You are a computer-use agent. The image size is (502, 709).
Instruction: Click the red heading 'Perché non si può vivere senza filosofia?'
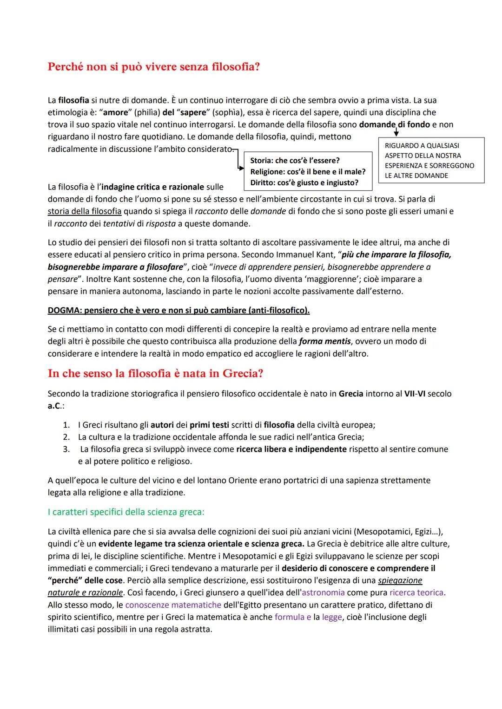[153, 67]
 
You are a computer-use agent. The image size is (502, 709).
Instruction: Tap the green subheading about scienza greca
[126, 512]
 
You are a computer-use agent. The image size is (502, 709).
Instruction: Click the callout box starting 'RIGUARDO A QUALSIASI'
[431, 161]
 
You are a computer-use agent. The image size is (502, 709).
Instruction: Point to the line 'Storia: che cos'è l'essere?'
[295, 161]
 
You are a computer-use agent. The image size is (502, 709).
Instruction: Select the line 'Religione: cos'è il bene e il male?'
[308, 172]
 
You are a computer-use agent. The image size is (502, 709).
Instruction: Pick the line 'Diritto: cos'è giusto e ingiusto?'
[304, 182]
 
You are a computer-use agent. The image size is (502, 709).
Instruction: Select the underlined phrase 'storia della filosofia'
[85, 211]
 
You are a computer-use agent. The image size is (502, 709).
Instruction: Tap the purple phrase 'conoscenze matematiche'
[173, 605]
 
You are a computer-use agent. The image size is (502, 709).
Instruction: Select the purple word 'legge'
[332, 617]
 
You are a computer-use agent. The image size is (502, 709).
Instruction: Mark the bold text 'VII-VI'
[415, 394]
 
